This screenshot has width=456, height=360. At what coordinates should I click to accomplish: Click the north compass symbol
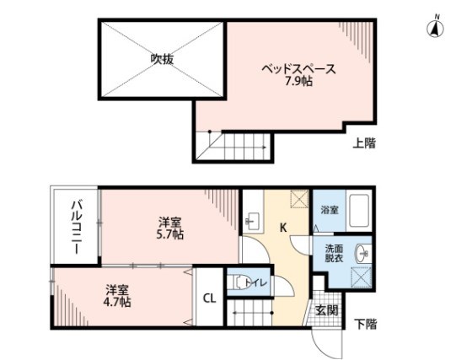436,28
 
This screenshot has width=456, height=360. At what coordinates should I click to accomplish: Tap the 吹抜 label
162,59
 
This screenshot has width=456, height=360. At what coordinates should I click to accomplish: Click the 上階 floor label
364,144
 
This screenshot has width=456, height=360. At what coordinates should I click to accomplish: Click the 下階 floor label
365,323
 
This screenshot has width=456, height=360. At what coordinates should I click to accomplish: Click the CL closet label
210,297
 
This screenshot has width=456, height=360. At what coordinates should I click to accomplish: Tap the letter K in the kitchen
283,226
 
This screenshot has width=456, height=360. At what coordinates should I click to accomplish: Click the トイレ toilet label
258,283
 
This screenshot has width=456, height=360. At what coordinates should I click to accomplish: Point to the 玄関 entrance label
326,311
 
